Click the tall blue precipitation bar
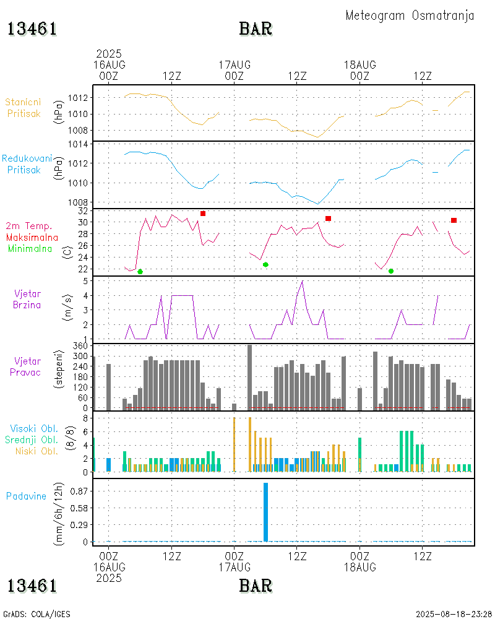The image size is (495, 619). (x=265, y=512)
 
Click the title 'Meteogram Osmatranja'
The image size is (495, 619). (x=410, y=15)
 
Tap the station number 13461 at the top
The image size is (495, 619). (x=32, y=28)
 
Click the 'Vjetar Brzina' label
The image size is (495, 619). (x=28, y=299)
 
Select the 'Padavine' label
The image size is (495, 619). (x=27, y=496)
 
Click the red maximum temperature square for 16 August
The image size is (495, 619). (x=203, y=214)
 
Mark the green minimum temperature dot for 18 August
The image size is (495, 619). (x=391, y=271)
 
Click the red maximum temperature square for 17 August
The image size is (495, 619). (x=328, y=219)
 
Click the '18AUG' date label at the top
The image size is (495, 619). (x=360, y=64)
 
